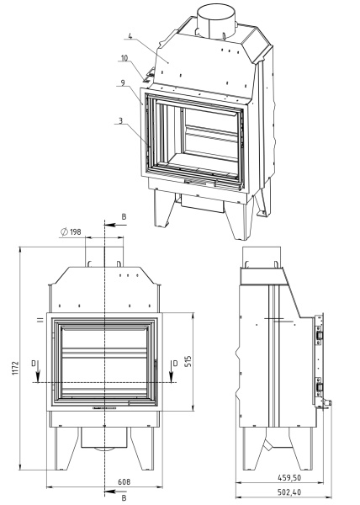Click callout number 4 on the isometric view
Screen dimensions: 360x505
130,35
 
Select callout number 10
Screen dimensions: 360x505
124,58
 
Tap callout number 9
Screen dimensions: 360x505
123,82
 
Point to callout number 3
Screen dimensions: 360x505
120,120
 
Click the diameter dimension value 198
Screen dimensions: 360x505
76,231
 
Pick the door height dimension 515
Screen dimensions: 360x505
188,361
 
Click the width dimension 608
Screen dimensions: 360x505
124,481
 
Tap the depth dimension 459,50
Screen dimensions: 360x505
289,477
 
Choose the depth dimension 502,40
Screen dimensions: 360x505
289,492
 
